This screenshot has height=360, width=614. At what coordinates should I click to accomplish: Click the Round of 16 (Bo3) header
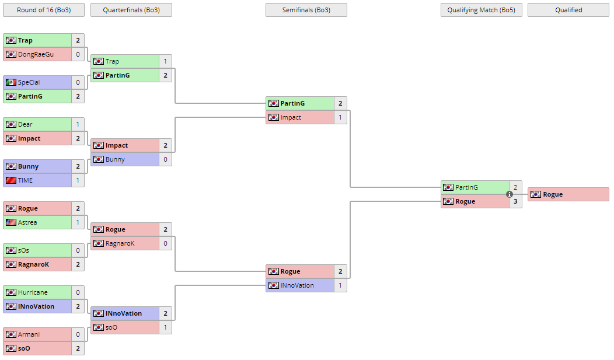click(44, 10)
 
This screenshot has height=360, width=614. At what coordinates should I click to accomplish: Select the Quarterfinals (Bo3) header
click(131, 10)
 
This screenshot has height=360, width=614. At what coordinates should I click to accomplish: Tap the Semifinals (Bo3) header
click(306, 10)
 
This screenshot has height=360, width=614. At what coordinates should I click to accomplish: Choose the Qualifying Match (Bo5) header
click(482, 10)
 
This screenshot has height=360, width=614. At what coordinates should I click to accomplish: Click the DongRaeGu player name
click(36, 54)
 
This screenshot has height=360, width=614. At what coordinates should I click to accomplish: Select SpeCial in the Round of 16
click(29, 82)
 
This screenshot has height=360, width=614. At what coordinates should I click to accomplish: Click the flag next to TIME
click(11, 180)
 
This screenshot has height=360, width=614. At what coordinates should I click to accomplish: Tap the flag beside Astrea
click(11, 222)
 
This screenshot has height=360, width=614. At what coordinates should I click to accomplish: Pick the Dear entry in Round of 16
click(25, 124)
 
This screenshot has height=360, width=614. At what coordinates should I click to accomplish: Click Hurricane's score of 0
click(78, 292)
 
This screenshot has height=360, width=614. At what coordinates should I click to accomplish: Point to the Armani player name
click(29, 334)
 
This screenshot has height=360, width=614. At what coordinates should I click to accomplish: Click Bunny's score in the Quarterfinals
click(166, 159)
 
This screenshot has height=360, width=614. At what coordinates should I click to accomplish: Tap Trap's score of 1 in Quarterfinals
click(166, 61)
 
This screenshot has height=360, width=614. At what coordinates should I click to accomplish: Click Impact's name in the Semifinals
click(291, 117)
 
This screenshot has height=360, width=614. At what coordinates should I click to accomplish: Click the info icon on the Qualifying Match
click(510, 194)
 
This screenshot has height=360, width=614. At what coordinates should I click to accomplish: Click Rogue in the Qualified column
click(553, 194)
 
